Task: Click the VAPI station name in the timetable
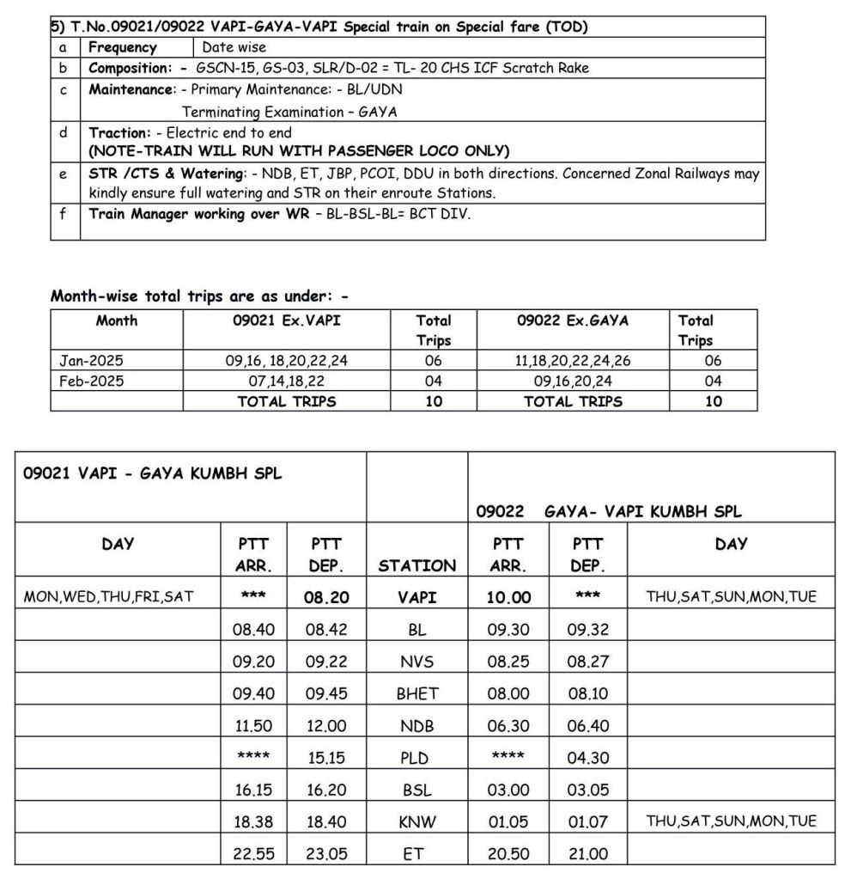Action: point(416,597)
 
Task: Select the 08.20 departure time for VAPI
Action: point(326,597)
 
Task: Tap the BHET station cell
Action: point(416,694)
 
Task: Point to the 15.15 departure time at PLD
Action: point(326,759)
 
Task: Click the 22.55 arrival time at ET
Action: point(253,854)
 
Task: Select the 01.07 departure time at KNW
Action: point(588,822)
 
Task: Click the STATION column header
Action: point(416,565)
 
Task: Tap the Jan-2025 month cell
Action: point(91,361)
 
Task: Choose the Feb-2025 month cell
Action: point(91,381)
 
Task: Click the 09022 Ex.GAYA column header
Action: point(573,320)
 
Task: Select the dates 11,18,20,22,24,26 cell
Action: point(573,361)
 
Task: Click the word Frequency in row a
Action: point(123,47)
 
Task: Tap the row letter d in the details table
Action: point(64,132)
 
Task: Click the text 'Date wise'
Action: point(234,47)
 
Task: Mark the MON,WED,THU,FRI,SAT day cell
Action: point(108,597)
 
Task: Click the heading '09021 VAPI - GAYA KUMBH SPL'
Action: point(152,473)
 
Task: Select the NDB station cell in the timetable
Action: point(416,726)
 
